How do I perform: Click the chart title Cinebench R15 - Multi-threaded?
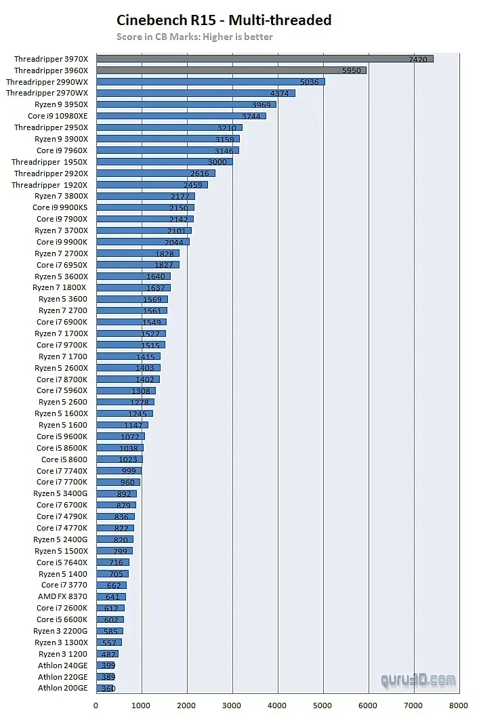tap(224, 20)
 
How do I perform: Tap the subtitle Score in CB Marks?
tap(194, 37)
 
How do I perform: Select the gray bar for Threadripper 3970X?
tap(264, 59)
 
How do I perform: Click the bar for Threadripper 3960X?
tap(230, 70)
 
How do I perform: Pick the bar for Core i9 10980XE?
tap(181, 116)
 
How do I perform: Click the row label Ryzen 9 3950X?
tap(62, 104)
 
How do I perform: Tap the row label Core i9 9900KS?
tap(62, 207)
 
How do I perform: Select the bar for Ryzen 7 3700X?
tap(144, 230)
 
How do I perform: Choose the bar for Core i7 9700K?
tap(130, 345)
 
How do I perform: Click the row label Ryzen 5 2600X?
tap(62, 368)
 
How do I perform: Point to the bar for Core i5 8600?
tap(119, 459)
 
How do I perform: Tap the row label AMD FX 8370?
tap(63, 596)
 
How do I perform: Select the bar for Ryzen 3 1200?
tap(107, 654)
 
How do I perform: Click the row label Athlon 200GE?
tap(63, 688)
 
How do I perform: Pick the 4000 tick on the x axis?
tap(278, 705)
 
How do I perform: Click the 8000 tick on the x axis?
tap(459, 705)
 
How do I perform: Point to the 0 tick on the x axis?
tap(96, 705)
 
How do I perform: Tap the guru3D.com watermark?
tap(417, 679)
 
